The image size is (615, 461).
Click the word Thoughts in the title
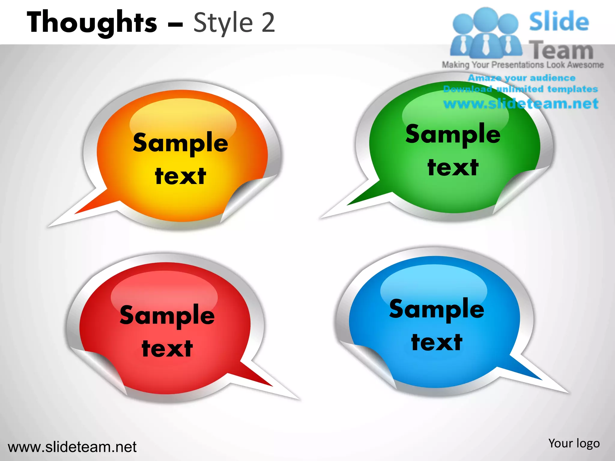(92, 22)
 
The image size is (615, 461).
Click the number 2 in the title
(268, 22)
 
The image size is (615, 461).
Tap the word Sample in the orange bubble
(180, 143)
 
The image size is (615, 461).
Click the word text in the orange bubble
(180, 176)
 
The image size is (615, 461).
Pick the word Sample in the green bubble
(453, 134)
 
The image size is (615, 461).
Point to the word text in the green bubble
(453, 167)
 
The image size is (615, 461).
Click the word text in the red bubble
(167, 349)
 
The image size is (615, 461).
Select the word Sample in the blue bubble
(437, 309)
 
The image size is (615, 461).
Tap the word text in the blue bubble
(437, 342)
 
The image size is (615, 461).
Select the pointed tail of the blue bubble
(529, 372)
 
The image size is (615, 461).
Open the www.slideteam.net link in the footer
(72, 447)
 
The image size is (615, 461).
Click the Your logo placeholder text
(574, 443)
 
